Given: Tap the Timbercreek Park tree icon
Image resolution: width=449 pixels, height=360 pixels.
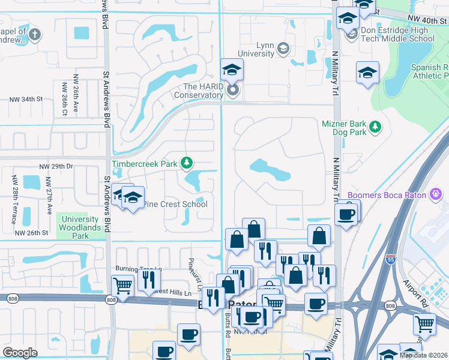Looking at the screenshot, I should pyautogui.click(x=187, y=163).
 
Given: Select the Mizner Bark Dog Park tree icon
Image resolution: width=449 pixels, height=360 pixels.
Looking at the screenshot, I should pyautogui.click(x=375, y=127).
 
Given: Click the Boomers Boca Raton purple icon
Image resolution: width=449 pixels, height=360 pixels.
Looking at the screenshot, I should pyautogui.click(x=436, y=194).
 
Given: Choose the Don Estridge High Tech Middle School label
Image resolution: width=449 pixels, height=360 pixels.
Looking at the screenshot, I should pyautogui.click(x=397, y=34).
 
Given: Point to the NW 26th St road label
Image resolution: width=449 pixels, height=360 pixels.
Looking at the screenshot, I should pyautogui.click(x=31, y=233).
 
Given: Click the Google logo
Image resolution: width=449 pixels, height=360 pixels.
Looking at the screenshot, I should pyautogui.click(x=20, y=353).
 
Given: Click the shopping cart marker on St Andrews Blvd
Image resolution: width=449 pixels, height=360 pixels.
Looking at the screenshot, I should pyautogui.click(x=122, y=286).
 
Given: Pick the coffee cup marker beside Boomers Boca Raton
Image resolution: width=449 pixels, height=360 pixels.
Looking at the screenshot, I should pyautogui.click(x=346, y=214).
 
